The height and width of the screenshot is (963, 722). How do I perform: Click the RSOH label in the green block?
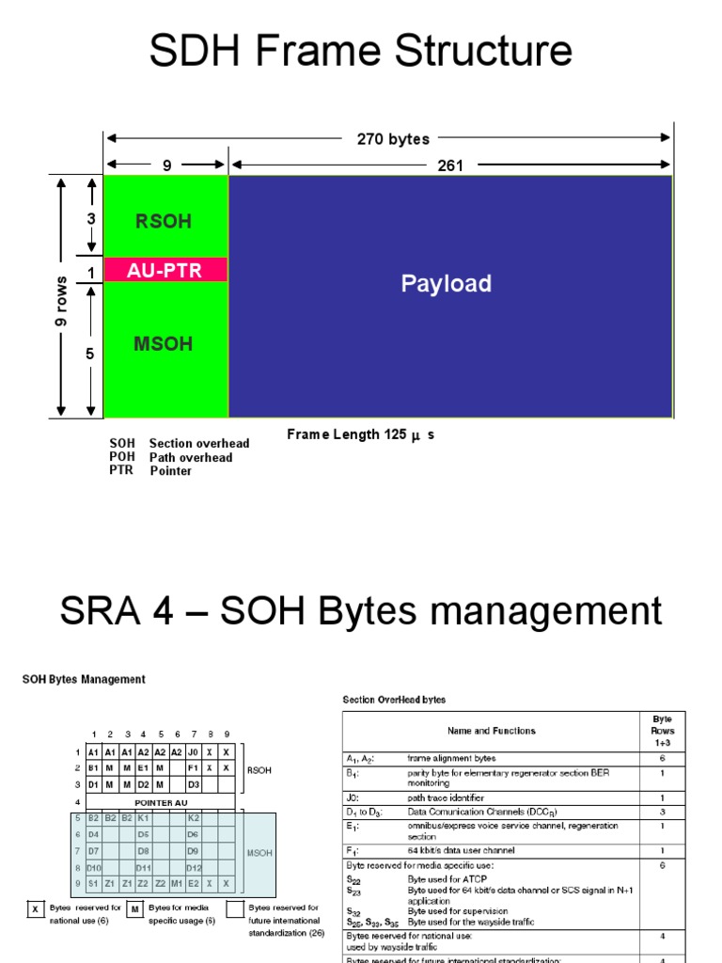[164, 222]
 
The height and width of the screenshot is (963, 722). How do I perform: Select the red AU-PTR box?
[165, 270]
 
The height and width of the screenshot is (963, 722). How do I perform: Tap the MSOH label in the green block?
[163, 344]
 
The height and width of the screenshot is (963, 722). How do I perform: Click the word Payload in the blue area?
[447, 283]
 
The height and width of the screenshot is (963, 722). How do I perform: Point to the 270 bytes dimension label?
[393, 139]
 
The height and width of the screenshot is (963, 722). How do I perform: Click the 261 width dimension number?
[450, 166]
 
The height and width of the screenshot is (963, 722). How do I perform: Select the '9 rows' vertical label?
[62, 301]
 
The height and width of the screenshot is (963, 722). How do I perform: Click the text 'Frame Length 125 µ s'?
[361, 435]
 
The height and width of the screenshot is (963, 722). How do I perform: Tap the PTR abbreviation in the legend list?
[121, 470]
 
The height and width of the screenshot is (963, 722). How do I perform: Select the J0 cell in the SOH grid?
[192, 752]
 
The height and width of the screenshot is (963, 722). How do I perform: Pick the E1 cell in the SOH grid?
[143, 768]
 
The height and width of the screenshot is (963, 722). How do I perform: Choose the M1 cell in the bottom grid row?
[176, 884]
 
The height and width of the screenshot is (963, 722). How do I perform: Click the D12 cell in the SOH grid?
[193, 867]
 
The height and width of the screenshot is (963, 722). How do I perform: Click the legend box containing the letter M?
[135, 908]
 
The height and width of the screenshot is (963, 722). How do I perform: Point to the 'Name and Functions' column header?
[492, 730]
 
